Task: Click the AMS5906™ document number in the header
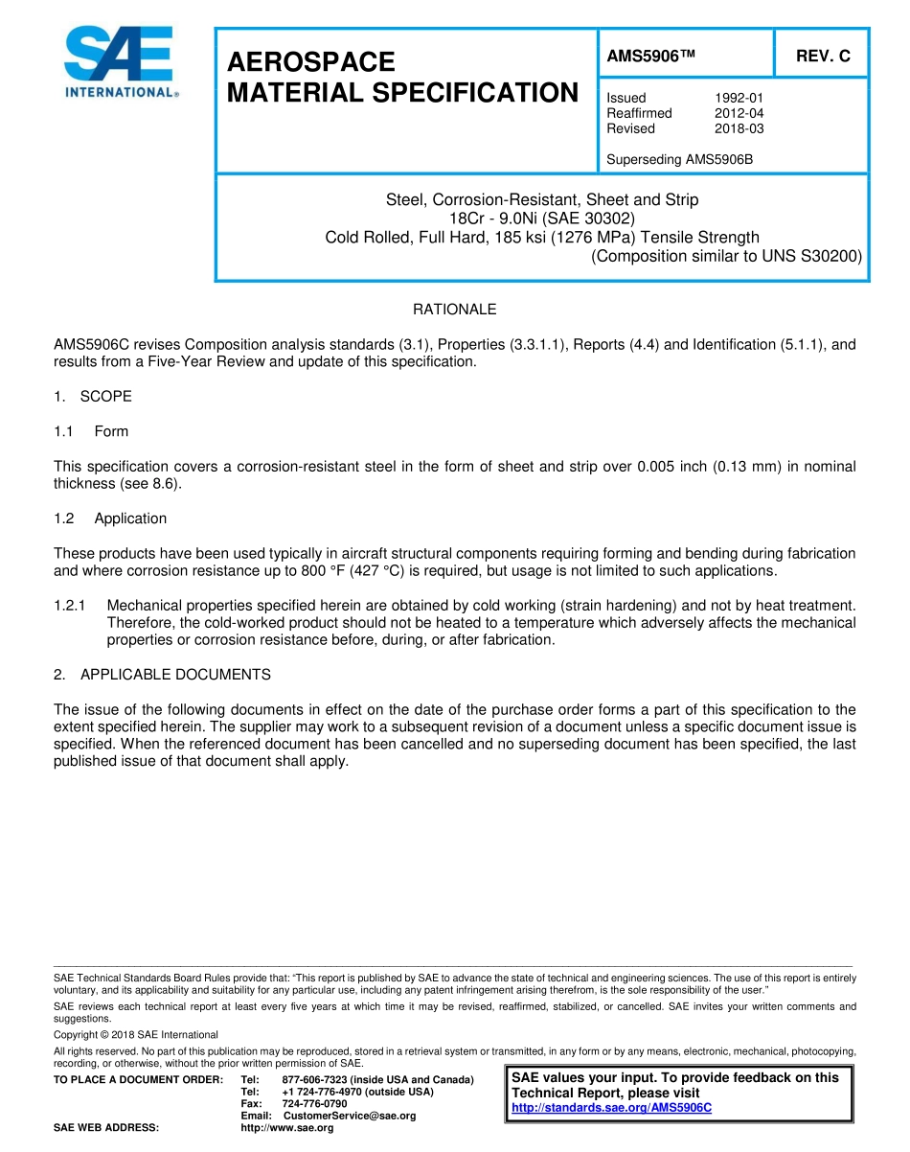pos(650,56)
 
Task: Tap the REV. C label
pos(823,56)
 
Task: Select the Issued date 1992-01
pos(739,98)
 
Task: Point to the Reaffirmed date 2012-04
pos(739,113)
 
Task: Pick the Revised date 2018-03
pos(739,128)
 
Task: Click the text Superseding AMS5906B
pos(679,159)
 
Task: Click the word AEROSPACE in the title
pos(311,62)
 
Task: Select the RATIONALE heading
pos(454,310)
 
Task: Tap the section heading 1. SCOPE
pos(93,397)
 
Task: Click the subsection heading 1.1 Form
pos(91,431)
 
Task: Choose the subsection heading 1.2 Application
pos(110,518)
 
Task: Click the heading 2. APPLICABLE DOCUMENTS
pos(162,675)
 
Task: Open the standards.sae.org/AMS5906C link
pos(611,1108)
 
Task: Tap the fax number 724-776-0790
pos(314,1103)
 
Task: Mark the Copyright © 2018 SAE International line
pos(136,1034)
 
